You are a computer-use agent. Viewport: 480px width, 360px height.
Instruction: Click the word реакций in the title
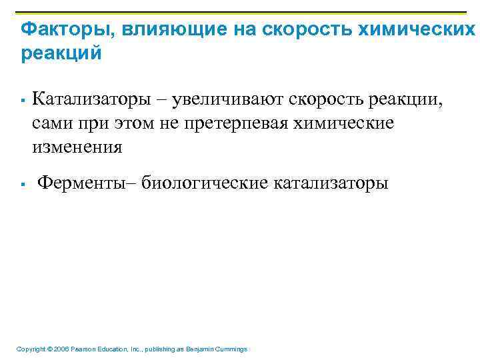[61, 53]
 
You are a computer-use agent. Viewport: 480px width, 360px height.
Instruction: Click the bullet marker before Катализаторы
[23, 101]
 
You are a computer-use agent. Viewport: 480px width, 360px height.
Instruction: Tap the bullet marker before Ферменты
[23, 183]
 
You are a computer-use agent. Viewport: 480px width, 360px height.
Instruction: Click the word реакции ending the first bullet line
[409, 101]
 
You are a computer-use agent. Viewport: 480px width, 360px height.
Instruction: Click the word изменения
[77, 147]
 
